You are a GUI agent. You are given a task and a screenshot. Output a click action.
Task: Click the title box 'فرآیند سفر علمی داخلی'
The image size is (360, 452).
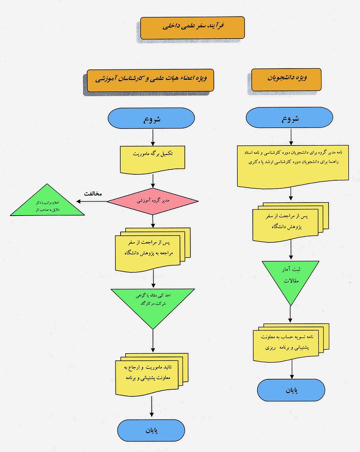(x=193, y=28)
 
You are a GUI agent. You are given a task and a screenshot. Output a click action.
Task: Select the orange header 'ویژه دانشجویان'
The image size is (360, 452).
(x=286, y=79)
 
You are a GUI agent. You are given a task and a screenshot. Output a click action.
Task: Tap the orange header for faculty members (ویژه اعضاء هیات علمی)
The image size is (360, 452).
(x=154, y=80)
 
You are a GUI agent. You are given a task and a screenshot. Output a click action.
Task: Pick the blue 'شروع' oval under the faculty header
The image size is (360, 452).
(x=153, y=119)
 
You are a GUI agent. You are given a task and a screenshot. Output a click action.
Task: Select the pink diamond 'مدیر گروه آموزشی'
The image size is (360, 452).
(x=153, y=201)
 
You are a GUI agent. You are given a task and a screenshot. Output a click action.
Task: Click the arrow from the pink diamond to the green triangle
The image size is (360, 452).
(x=93, y=201)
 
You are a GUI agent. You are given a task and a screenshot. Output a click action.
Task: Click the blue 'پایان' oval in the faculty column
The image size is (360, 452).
(x=153, y=430)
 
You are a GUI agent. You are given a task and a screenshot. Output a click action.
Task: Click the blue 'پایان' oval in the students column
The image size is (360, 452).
(x=291, y=390)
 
